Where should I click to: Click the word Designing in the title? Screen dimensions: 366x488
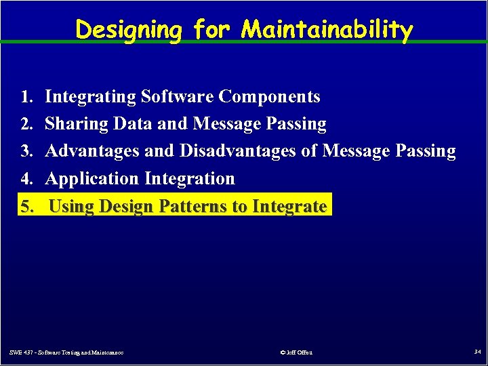(x=129, y=30)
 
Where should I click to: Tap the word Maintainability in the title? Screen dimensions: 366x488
(x=327, y=30)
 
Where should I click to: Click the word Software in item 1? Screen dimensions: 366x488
(x=177, y=97)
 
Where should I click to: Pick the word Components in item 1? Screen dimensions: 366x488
(x=269, y=97)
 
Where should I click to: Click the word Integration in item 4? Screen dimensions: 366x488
(x=190, y=178)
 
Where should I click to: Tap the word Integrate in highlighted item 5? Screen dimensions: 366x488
(x=289, y=205)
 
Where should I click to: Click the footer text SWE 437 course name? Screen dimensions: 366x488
(x=66, y=352)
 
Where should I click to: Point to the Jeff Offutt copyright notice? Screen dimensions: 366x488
(x=296, y=352)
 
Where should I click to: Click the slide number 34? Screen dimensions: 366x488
(x=477, y=352)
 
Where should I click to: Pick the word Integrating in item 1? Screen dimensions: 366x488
(x=90, y=97)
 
